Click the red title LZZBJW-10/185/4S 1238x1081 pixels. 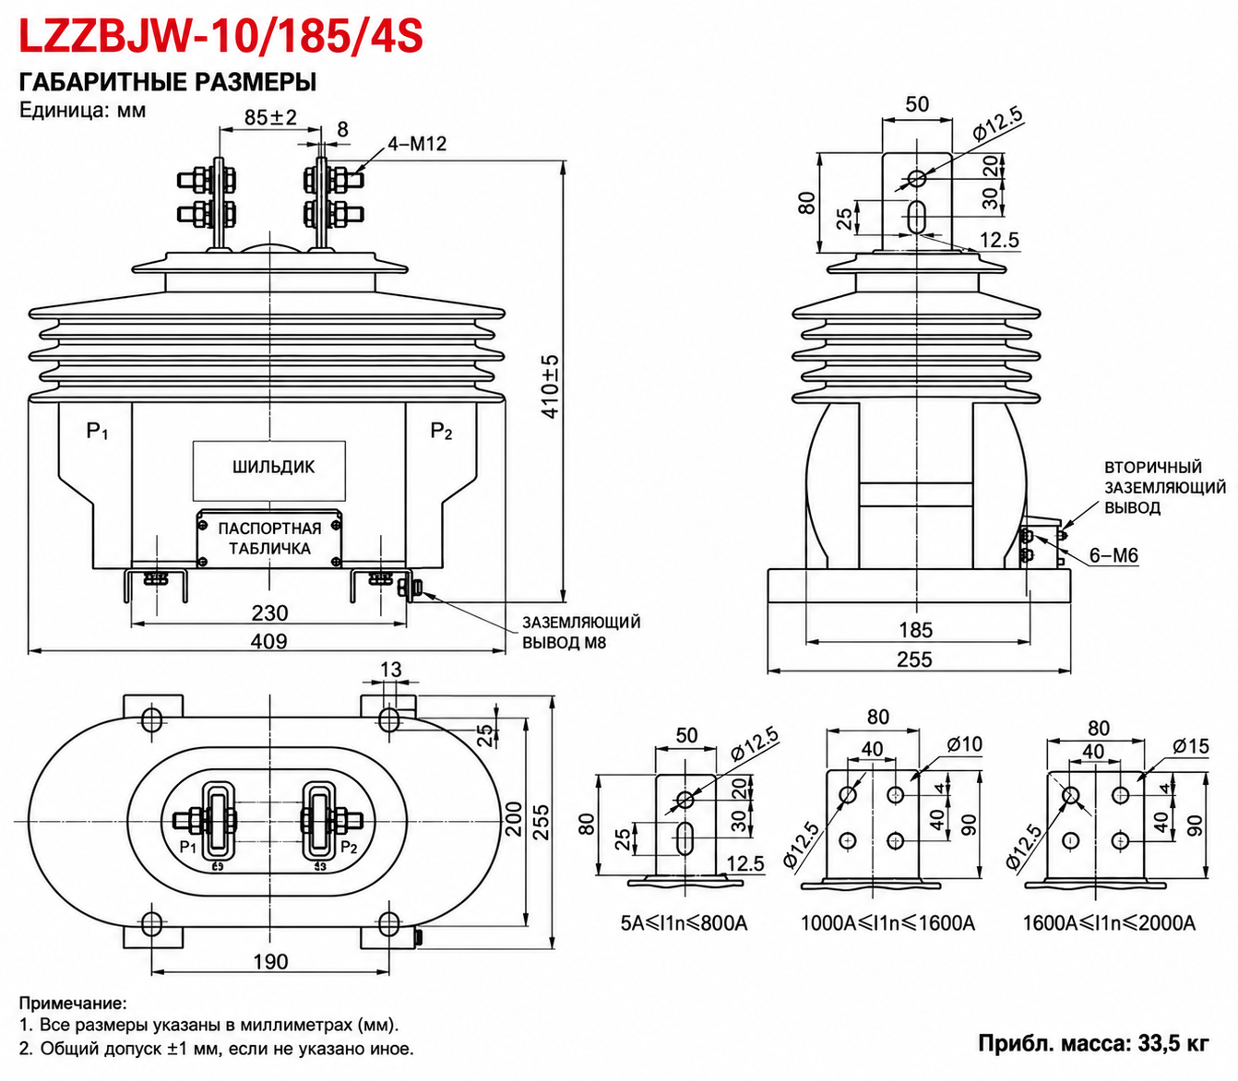point(220,35)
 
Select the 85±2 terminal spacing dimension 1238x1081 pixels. point(270,117)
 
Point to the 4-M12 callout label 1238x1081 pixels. point(417,143)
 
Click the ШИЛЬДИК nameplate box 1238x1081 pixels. point(269,470)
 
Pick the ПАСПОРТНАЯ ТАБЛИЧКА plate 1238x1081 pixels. point(269,539)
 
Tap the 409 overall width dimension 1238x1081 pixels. point(268,641)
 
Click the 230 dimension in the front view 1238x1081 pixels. point(269,613)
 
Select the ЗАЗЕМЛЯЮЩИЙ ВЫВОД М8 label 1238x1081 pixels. point(581,632)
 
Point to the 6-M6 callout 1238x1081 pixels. point(1114,554)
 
